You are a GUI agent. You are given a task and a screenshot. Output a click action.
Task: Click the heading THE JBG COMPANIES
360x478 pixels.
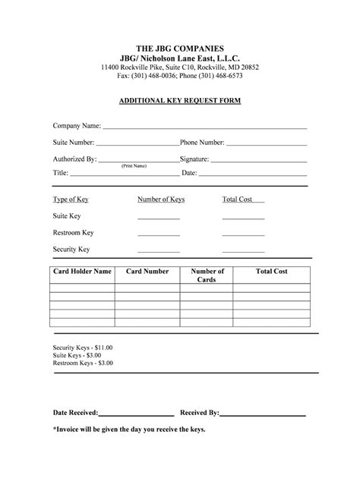pos(180,47)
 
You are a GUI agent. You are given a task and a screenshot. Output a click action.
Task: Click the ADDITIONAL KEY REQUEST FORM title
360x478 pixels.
pos(180,100)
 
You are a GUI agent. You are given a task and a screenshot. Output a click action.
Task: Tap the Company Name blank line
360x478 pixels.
pos(205,128)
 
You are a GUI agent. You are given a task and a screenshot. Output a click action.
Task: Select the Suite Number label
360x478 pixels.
pos(73,142)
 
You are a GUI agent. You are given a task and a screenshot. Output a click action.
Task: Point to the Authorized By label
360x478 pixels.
pos(74,159)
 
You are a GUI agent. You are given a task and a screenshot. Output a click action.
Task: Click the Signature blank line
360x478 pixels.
pos(258,161)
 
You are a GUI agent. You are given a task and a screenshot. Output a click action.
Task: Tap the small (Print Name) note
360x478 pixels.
pos(134,165)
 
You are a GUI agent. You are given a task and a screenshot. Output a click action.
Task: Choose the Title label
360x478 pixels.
pos(61,173)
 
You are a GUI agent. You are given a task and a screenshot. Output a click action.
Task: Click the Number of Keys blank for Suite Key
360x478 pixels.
pos(158,218)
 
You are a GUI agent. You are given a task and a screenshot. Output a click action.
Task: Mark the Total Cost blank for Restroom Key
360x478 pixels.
pos(243,234)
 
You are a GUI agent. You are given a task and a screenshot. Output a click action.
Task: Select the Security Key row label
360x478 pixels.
pos(71,249)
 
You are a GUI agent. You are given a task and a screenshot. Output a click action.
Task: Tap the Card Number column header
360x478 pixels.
pos(147,271)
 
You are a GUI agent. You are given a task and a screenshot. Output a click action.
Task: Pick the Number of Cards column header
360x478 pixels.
pos(207,275)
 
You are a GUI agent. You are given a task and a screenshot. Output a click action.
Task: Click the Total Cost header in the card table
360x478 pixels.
pos(271,271)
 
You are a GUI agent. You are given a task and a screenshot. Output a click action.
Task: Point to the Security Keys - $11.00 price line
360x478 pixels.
pos(83,347)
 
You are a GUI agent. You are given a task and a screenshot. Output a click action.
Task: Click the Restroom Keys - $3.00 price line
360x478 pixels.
pos(83,363)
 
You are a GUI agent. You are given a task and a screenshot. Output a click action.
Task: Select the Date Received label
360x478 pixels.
pos(75,413)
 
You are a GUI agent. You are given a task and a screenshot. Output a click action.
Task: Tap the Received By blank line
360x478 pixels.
pos(263,414)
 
